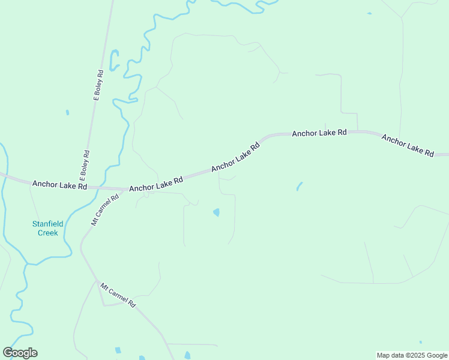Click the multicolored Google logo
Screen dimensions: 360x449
pos(20,353)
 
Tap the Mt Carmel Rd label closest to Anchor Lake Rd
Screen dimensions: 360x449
pos(106,209)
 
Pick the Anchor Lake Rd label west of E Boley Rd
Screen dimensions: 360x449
pos(60,185)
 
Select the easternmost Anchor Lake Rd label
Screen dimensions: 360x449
pos(408,145)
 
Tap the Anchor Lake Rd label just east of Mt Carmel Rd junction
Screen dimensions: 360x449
pos(156,184)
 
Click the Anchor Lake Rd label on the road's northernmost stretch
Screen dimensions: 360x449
pos(319,133)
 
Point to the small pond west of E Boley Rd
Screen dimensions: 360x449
pos(67,112)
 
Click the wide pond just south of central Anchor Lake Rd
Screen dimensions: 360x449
pos(216,212)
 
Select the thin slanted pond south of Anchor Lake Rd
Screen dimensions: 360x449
pos(299,187)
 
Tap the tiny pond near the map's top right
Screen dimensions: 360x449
pos(369,13)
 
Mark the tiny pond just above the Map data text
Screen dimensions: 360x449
pos(421,343)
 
